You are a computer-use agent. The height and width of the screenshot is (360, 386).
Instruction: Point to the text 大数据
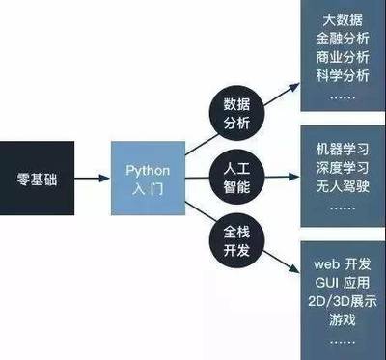342,20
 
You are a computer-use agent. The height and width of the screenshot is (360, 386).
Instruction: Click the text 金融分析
342,39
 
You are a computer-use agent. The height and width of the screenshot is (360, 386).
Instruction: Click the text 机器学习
342,151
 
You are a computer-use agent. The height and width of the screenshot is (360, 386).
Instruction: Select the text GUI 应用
342,283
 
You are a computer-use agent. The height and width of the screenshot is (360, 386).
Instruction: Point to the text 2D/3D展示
342,301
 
